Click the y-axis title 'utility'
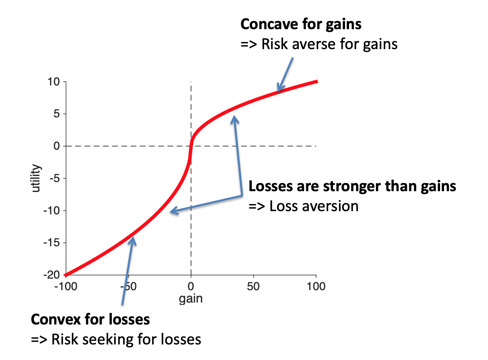tap(37, 178)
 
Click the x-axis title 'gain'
tap(191, 299)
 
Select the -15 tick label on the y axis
tap(52, 243)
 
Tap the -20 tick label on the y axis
tap(52, 275)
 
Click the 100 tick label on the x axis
tap(316, 287)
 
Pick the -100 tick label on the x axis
tap(65, 287)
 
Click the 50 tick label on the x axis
tap(253, 287)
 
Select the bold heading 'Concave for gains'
tap(301, 24)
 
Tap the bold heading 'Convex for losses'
tap(90, 319)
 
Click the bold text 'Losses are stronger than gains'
tap(352, 186)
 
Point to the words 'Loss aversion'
tap(313, 206)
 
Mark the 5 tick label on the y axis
tap(57, 114)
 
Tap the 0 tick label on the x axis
tap(191, 287)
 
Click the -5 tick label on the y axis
tap(54, 178)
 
